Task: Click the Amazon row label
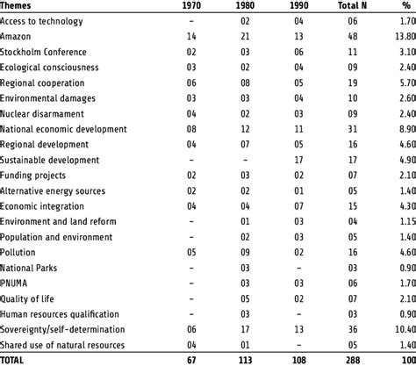click(x=18, y=35)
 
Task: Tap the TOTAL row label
click(x=15, y=361)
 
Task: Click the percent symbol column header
click(x=407, y=5)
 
